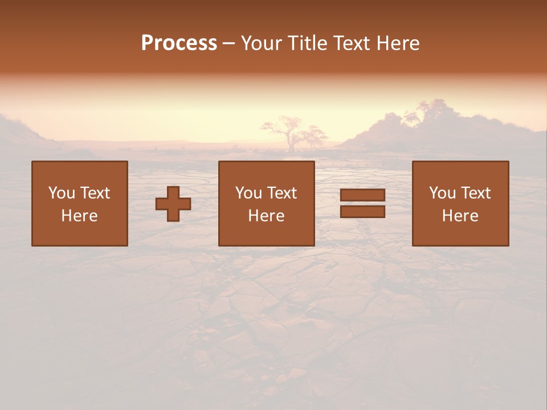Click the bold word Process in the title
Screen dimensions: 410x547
pyautogui.click(x=179, y=43)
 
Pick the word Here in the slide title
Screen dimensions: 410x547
pyautogui.click(x=399, y=43)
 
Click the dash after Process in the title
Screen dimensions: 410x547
pyautogui.click(x=229, y=44)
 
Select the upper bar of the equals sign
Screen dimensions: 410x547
pyautogui.click(x=362, y=195)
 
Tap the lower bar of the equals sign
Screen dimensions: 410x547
pyautogui.click(x=362, y=212)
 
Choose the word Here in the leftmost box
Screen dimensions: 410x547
pyautogui.click(x=79, y=216)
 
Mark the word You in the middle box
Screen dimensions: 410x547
pyautogui.click(x=248, y=193)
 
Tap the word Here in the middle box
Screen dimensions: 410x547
pyautogui.click(x=266, y=216)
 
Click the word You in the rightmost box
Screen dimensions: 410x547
pyautogui.click(x=442, y=193)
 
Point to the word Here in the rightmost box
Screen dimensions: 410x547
pyautogui.click(x=460, y=216)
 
